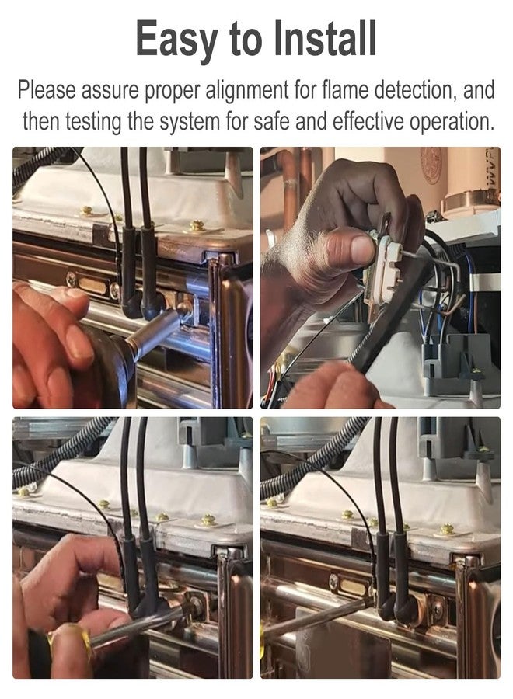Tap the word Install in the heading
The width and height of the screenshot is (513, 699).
[x=325, y=38]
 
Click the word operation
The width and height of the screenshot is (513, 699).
[x=452, y=122]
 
